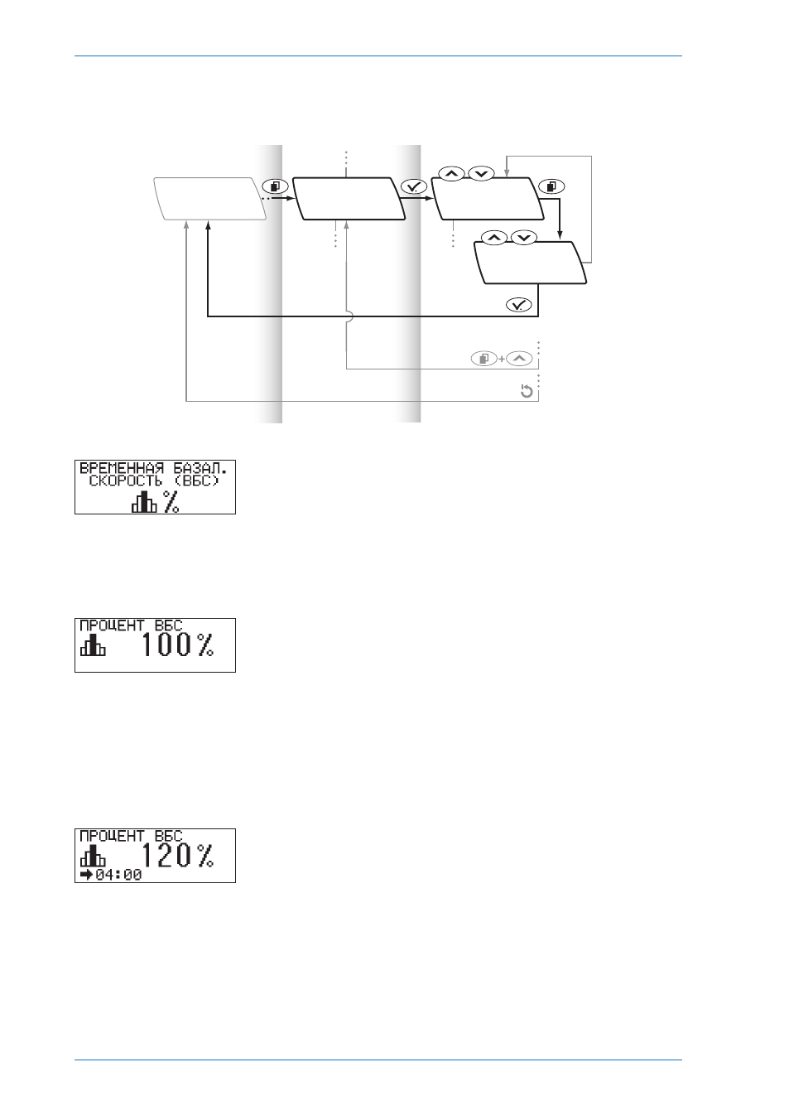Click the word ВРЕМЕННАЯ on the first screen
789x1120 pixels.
coord(122,469)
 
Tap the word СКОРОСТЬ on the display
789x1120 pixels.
coord(125,481)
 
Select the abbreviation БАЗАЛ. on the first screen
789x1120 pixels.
coord(200,469)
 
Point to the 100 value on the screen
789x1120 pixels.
coord(166,644)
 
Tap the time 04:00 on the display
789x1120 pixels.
coord(118,875)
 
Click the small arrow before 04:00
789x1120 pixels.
coord(86,875)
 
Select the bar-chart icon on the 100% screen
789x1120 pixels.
coord(93,644)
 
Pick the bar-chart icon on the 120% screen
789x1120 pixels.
coord(93,855)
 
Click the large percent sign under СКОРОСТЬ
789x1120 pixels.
coord(171,502)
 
